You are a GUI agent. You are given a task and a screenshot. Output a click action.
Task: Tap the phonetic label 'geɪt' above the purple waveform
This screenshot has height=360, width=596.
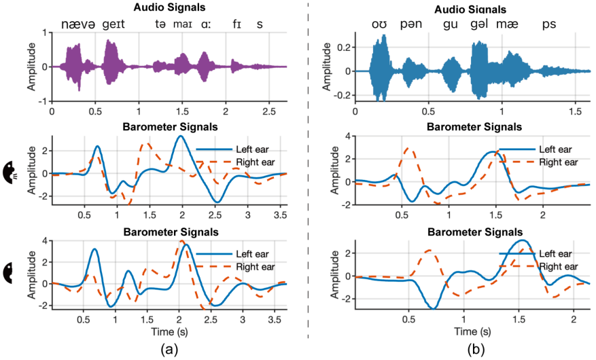point(112,24)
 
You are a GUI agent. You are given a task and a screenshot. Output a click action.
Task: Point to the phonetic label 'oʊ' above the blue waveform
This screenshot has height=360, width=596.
point(379,24)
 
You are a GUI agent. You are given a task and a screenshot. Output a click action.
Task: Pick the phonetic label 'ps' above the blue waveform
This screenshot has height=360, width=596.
point(548,24)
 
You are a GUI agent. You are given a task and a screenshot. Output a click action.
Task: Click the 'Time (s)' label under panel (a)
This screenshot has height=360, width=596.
point(171,333)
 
